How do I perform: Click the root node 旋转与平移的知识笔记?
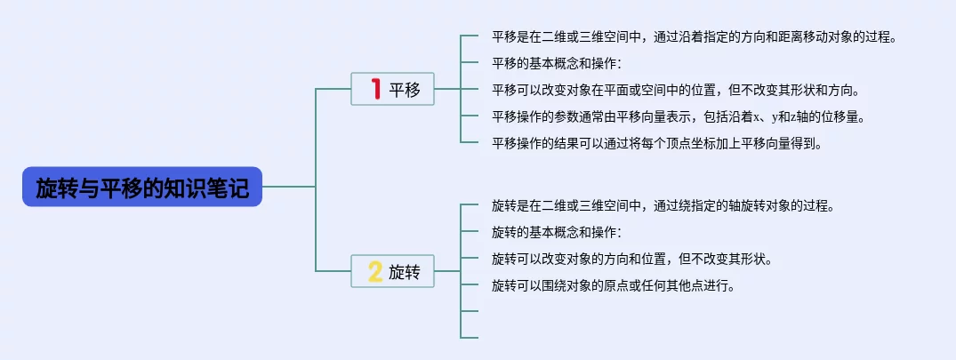[x=142, y=187]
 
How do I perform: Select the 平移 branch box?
[x=393, y=89]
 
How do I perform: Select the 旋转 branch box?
[x=393, y=271]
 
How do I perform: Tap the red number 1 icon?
[x=376, y=89]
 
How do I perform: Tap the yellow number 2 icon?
[x=375, y=271]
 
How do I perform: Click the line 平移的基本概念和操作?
[x=556, y=63]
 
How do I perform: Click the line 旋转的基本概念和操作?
[x=556, y=232]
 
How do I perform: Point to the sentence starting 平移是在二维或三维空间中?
[x=695, y=36]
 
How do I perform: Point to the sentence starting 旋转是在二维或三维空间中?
[x=663, y=205]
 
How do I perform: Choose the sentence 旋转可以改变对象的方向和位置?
[x=632, y=259]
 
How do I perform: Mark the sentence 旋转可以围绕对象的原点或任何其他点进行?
[x=614, y=285]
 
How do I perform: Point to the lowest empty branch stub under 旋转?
[x=470, y=338]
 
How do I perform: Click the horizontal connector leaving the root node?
[x=288, y=187]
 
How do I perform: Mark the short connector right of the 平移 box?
[x=447, y=89]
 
